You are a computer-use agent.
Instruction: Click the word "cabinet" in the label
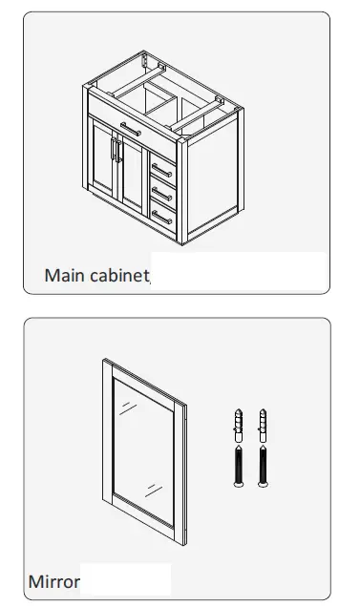pyautogui.click(x=118, y=276)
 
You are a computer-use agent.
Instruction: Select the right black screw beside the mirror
pyautogui.click(x=262, y=465)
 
